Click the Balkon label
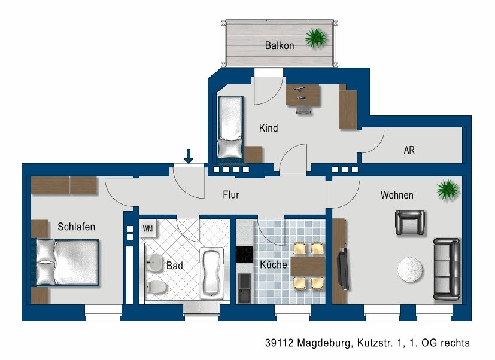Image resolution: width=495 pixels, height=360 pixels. (280, 45)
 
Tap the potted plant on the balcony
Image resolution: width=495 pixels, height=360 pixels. (315, 38)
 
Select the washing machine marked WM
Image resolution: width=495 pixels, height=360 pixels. (148, 228)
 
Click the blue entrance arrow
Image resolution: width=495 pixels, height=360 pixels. (189, 156)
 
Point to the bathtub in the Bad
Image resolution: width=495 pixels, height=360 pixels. (212, 273)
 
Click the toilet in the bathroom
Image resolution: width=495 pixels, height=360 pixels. (156, 287)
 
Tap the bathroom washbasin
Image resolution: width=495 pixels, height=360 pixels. (154, 262)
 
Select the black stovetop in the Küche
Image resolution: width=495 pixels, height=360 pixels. (244, 255)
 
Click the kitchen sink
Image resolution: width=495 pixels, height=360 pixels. (244, 288)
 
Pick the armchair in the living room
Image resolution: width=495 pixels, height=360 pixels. (410, 222)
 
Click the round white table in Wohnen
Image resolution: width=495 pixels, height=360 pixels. (410, 269)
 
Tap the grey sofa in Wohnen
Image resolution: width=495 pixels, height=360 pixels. (447, 269)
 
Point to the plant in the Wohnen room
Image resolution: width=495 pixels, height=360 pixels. (447, 190)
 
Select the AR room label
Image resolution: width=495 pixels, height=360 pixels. (409, 150)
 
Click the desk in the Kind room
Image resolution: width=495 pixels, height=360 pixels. (303, 94)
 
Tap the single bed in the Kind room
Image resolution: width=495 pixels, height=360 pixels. (230, 127)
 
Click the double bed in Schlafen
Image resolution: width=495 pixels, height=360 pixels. (67, 263)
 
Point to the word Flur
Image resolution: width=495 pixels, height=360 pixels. (231, 195)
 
